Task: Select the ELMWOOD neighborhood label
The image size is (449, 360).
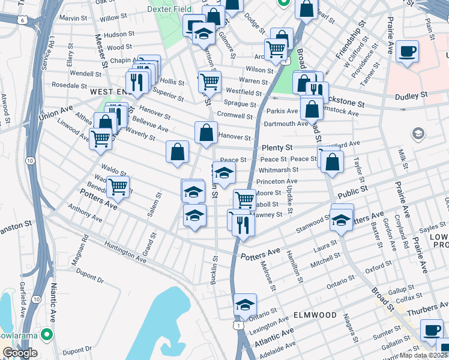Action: (x=315, y=314)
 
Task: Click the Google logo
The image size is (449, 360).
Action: (x=20, y=353)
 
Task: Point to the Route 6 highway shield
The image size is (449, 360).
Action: (x=23, y=20)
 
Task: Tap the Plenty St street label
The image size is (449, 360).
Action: (x=277, y=148)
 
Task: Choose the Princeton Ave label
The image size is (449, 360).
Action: (x=277, y=181)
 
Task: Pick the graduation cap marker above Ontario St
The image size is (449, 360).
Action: (x=245, y=305)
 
